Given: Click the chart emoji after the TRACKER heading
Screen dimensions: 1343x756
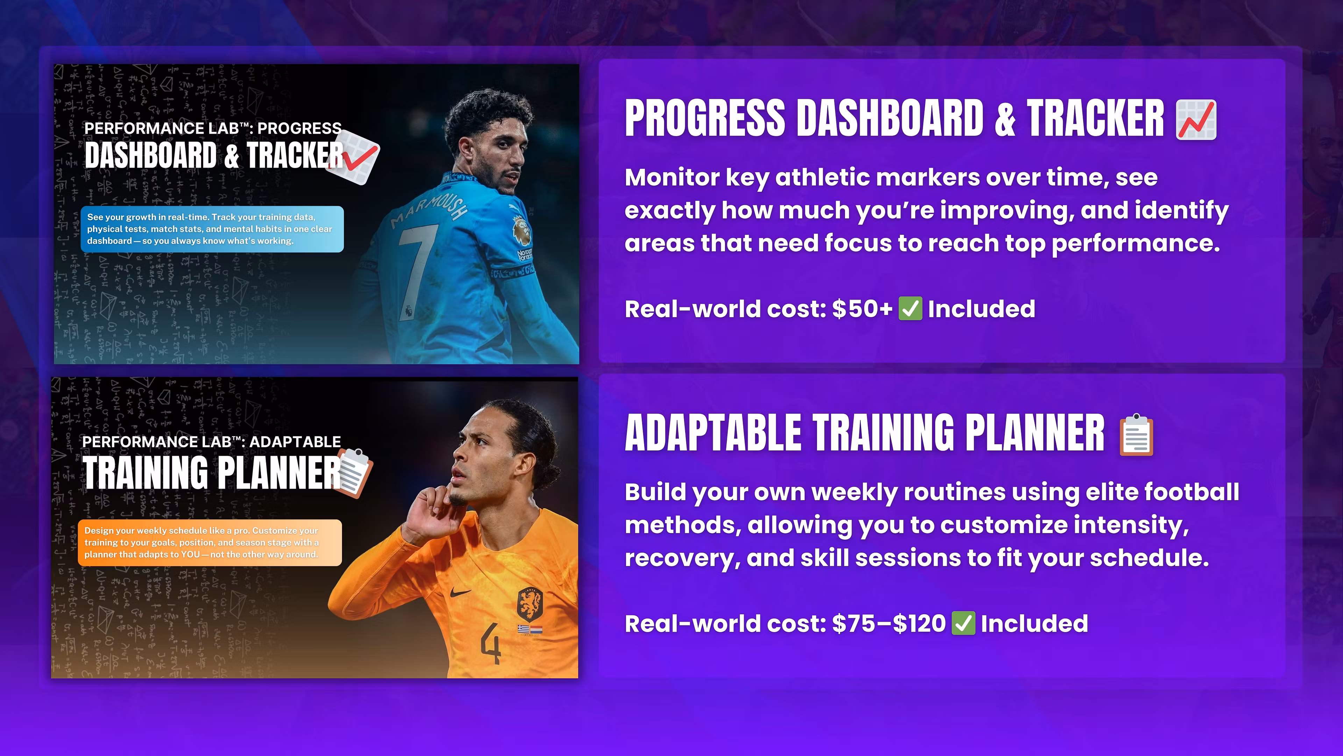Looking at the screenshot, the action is coord(1196,120).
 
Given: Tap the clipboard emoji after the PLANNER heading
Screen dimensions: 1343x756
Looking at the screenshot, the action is coord(1137,435).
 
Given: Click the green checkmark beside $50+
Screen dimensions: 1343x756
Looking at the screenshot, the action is coord(910,308).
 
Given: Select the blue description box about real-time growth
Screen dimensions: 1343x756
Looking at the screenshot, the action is coord(212,229).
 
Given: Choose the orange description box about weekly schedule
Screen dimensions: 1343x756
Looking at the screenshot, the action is coord(210,542).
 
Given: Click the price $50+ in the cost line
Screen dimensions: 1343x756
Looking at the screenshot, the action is coord(862,308).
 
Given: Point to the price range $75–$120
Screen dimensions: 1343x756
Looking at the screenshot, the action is coord(888,623).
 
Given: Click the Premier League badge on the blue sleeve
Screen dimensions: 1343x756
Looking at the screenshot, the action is coord(521,230).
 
